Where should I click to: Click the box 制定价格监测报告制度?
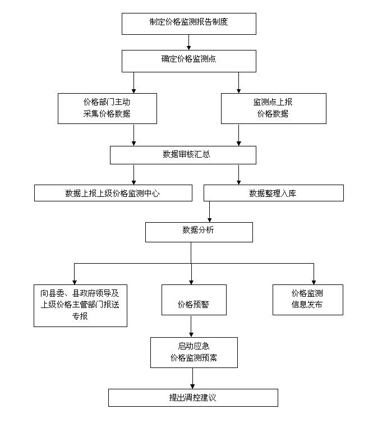pos(189,24)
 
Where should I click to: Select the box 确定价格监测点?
pos(189,61)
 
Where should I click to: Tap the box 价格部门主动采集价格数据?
pos(107,108)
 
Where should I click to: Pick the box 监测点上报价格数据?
pos(273,108)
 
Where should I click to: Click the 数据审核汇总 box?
pos(183,155)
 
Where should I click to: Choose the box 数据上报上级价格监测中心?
pos(113,193)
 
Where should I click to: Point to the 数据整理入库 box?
pos(273,193)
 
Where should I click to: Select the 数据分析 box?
pos(199,232)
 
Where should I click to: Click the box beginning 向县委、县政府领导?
pos(80,305)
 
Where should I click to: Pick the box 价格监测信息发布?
pos(307,300)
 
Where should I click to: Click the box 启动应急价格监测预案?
pos(194,352)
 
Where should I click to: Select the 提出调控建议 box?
pos(193,398)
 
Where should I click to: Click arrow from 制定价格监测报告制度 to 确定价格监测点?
pos(189,43)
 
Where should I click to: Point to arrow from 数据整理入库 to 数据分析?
pos(210,211)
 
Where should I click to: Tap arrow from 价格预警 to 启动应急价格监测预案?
pos(191,326)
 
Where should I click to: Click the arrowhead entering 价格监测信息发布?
pos(314,281)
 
